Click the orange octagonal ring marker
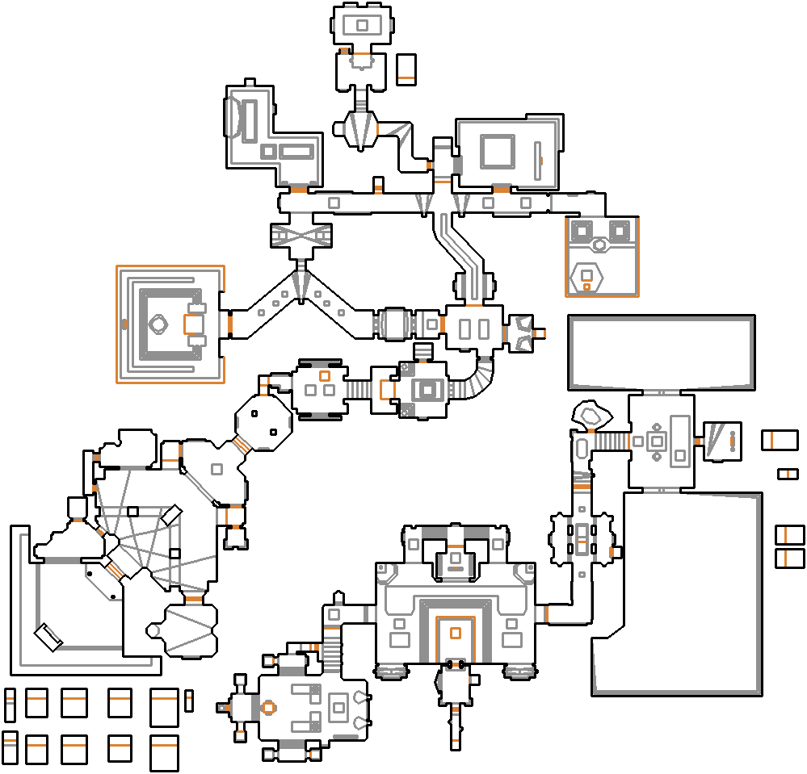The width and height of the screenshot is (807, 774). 268,707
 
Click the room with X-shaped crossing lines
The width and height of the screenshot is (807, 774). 300,236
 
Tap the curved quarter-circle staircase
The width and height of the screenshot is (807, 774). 477,379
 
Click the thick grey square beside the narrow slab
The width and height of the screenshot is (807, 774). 497,151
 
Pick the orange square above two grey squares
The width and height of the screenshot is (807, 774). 325,376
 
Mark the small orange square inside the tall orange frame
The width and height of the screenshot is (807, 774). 455,632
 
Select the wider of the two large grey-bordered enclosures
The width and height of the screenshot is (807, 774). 662,352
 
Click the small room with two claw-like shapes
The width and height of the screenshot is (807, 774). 521,333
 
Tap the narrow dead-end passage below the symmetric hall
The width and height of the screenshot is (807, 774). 456,722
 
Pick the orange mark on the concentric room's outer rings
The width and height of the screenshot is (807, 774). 124,324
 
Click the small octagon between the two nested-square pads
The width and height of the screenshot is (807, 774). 599,244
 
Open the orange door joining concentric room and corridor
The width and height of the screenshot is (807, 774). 229,324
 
